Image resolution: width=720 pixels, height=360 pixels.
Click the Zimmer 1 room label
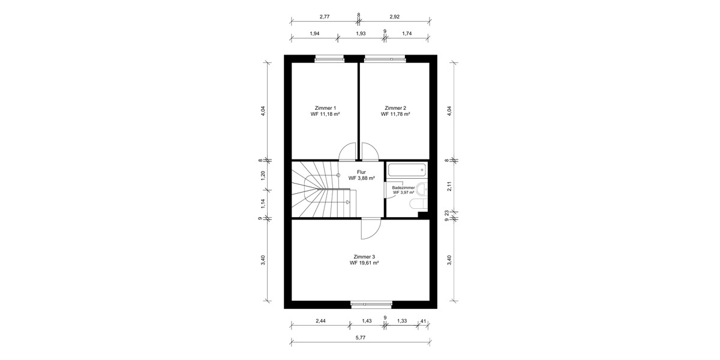[325, 108]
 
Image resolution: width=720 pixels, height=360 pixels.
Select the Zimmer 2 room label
[395, 108]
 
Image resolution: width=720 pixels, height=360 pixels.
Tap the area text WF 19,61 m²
[364, 263]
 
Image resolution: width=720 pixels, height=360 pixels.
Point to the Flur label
[361, 172]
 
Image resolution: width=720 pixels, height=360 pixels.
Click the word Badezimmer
[403, 187]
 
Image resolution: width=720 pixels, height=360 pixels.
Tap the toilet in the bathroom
[415, 206]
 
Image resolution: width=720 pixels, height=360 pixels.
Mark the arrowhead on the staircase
[347, 202]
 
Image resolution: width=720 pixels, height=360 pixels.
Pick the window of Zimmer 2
[385, 59]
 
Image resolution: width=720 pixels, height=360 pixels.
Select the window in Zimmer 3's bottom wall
[371, 304]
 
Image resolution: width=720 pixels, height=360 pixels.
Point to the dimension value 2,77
[325, 17]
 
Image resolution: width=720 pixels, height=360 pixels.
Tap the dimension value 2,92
[395, 17]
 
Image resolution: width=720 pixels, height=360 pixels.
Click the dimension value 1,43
[367, 321]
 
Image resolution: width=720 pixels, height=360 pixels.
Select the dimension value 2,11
[448, 186]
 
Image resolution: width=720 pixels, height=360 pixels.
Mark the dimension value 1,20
[262, 176]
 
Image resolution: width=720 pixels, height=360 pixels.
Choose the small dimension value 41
[424, 321]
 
